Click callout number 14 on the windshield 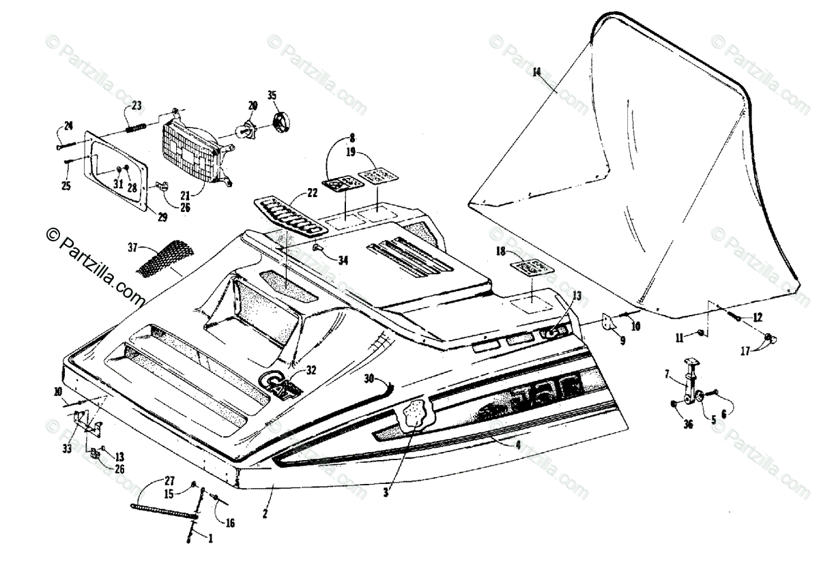point(536,72)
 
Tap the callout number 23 point(136,105)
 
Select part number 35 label point(272,95)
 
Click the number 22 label point(312,194)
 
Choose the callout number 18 point(501,252)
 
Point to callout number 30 point(369,378)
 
